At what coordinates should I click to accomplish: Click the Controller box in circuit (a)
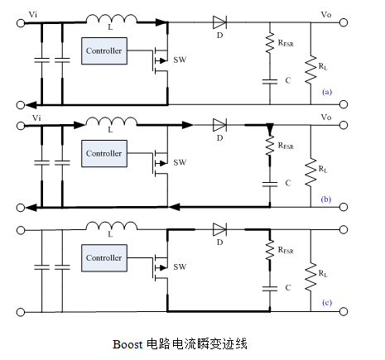(x=104, y=51)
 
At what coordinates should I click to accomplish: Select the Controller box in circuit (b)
(x=104, y=154)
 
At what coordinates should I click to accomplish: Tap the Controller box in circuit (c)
(x=104, y=257)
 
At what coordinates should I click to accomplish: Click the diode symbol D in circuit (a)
(x=219, y=22)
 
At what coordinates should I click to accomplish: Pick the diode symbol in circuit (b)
(x=219, y=125)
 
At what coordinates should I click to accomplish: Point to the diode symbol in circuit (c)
(x=219, y=228)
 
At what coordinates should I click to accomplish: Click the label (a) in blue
(x=326, y=94)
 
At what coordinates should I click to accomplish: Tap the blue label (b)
(x=326, y=199)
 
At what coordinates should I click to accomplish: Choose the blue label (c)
(x=326, y=302)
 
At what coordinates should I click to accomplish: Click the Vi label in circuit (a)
(x=33, y=14)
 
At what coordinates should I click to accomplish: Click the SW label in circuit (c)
(x=180, y=267)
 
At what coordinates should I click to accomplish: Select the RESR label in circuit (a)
(x=286, y=42)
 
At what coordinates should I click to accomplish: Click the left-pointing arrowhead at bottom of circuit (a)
(x=30, y=105)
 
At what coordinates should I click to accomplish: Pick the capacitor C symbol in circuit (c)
(x=269, y=287)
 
